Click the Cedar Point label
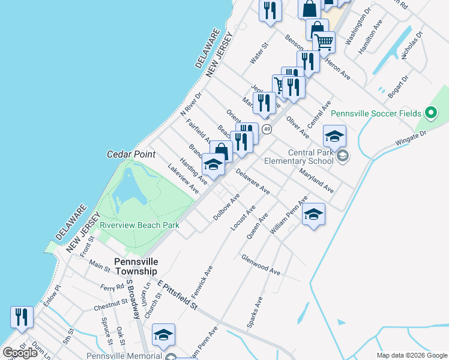pos(131,154)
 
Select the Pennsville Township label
pos(136,267)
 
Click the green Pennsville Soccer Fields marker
pos(430,113)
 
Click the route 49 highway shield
pos(267,130)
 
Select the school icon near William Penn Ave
pos(313,215)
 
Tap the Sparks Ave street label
pos(255,312)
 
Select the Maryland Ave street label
pos(316,180)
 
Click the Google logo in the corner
pos(20,353)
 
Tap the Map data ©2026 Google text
pos(411,355)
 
